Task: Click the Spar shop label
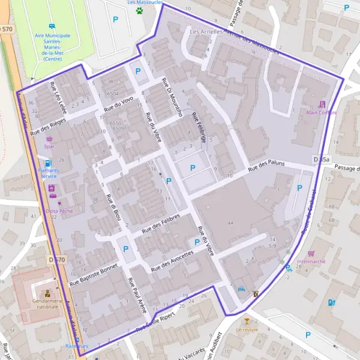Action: click(x=49, y=146)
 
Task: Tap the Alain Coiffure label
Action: click(x=321, y=112)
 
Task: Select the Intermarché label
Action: click(x=311, y=262)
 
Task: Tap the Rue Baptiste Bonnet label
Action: click(x=94, y=272)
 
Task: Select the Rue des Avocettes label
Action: click(x=173, y=260)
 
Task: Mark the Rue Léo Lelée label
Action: click(x=58, y=94)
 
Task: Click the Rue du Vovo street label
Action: click(x=119, y=104)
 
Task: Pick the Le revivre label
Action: click(x=247, y=329)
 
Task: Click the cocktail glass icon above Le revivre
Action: click(x=247, y=321)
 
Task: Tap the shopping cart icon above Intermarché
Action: click(x=311, y=253)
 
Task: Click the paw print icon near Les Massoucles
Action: click(x=139, y=10)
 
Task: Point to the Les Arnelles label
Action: click(x=206, y=30)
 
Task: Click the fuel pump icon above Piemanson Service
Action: click(x=48, y=162)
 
